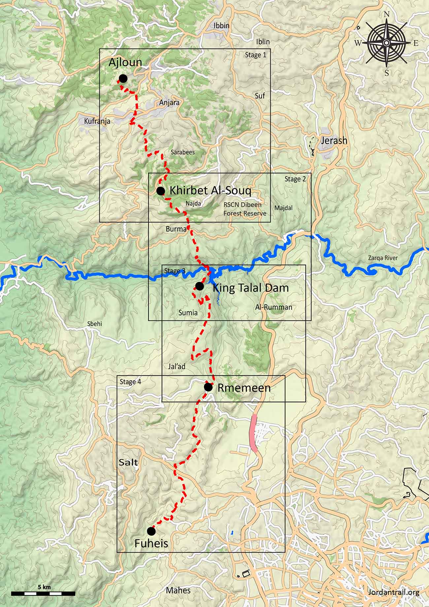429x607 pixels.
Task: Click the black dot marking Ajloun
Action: click(x=123, y=79)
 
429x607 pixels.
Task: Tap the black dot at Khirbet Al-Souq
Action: click(x=161, y=191)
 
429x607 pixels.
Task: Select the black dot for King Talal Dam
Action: click(x=199, y=286)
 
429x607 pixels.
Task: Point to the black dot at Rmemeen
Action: click(x=208, y=387)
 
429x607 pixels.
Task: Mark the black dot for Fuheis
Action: click(x=151, y=531)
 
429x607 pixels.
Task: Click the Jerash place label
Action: click(x=334, y=141)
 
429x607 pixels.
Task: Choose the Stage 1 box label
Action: click(x=255, y=55)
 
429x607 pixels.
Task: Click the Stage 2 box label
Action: click(x=295, y=179)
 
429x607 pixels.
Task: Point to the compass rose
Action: click(x=386, y=43)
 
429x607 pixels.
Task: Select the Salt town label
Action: click(x=128, y=463)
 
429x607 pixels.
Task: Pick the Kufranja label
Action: click(x=97, y=121)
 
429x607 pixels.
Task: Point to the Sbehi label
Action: click(x=95, y=324)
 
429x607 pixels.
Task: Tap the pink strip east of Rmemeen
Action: click(x=254, y=433)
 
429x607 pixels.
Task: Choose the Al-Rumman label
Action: click(x=274, y=307)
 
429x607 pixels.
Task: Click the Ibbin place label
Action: click(x=221, y=26)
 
